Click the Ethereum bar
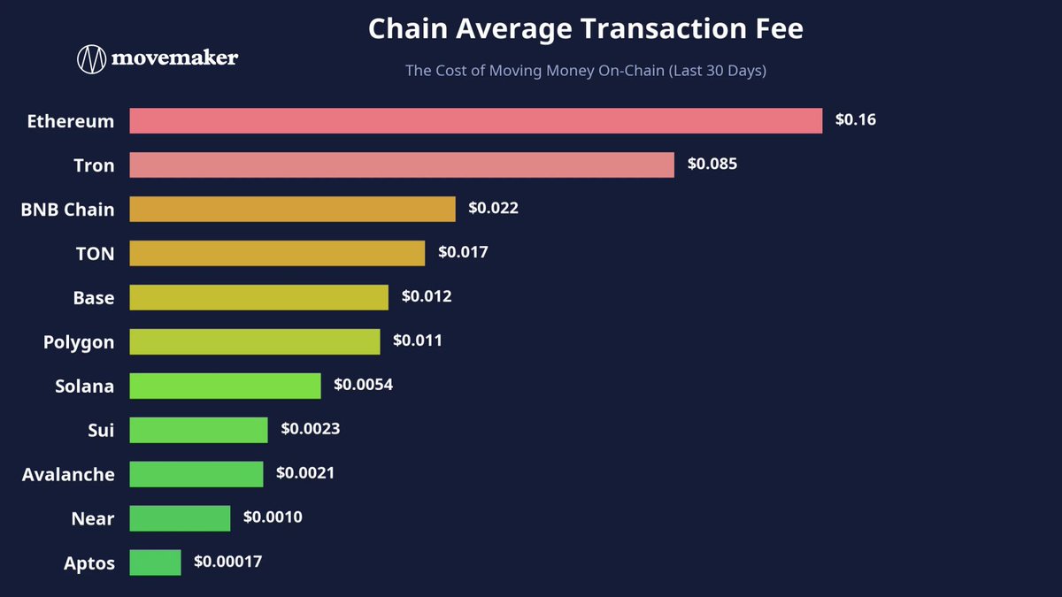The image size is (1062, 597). tap(476, 121)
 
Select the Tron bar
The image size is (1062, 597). tap(402, 165)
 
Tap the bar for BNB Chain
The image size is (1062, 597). tap(293, 209)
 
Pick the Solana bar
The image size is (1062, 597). tap(225, 386)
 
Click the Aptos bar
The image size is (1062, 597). tap(155, 563)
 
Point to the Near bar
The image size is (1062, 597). tap(180, 518)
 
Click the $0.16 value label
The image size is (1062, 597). tap(855, 119)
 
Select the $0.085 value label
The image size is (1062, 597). tap(712, 164)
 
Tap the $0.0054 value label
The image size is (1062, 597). tap(363, 384)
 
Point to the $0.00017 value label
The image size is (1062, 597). tap(227, 562)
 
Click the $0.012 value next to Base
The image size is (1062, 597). tap(427, 296)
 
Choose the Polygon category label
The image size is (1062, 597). tap(79, 342)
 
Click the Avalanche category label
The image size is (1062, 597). tap(68, 474)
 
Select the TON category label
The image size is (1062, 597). tap(96, 254)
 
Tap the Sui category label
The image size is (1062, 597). tap(101, 430)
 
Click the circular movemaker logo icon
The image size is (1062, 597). tap(91, 59)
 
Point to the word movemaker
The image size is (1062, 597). tap(174, 57)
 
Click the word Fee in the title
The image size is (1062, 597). tap(779, 28)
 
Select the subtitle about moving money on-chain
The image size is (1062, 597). tap(586, 71)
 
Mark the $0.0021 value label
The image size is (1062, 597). tap(305, 473)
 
